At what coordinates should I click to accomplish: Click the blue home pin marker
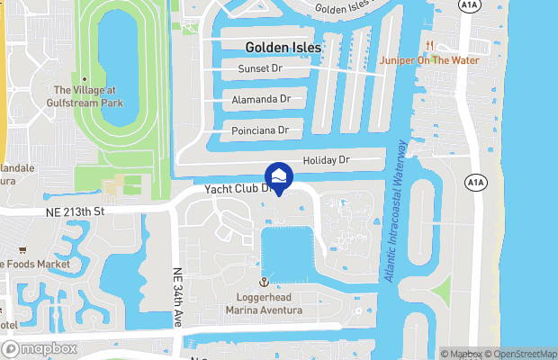point(279,177)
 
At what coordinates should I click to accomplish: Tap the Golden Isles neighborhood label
point(281,45)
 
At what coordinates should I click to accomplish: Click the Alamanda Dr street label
point(261,99)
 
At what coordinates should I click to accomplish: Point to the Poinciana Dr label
point(260,130)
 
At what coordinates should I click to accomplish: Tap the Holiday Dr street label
point(326,160)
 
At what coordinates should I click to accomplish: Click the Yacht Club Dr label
point(238,190)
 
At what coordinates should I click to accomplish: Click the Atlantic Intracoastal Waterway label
point(396,211)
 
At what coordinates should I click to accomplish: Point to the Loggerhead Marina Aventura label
point(264,303)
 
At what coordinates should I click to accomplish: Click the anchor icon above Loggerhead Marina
point(264,283)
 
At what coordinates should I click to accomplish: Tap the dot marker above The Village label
point(84,79)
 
